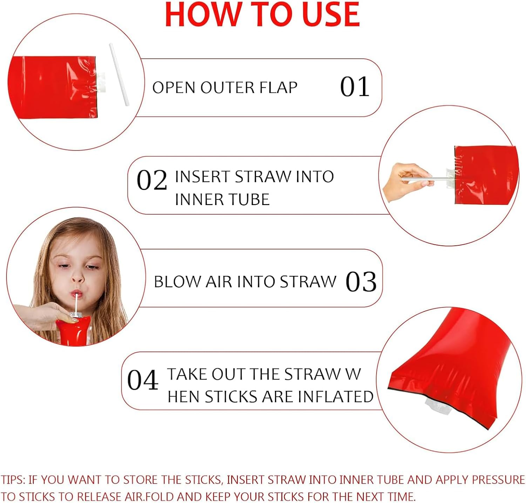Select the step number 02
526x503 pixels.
tap(151, 180)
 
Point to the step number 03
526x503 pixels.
tap(361, 281)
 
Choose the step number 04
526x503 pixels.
tap(142, 380)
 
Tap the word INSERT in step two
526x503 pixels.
tap(202, 177)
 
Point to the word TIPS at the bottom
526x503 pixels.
tap(12, 480)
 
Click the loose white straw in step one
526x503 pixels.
tap(119, 74)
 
